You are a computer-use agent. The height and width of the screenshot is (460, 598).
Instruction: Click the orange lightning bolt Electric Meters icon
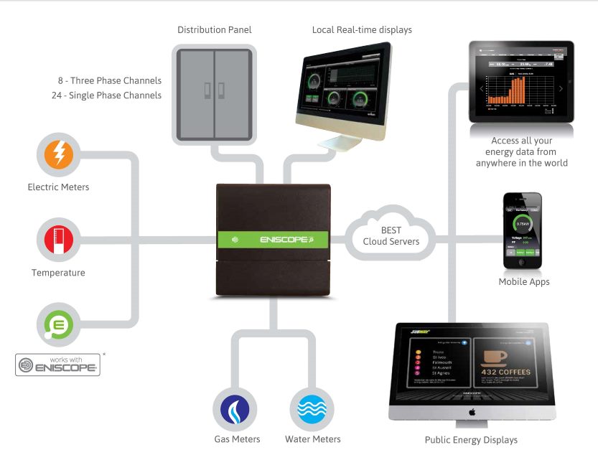point(58,156)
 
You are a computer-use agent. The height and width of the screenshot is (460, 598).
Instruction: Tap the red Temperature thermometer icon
point(58,240)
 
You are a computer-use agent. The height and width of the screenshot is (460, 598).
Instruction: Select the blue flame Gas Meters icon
point(236,409)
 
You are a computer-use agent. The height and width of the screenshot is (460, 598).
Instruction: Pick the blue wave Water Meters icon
point(312,409)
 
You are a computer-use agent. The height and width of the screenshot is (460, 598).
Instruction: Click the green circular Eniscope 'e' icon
point(58,324)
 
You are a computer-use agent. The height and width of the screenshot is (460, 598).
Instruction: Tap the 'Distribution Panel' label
point(215,30)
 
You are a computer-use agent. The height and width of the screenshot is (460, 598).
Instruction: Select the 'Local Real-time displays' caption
point(362,30)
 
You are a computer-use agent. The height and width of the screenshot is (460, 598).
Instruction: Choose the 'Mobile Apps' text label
point(524,282)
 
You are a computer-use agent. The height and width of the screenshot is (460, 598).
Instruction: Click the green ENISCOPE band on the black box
point(273,239)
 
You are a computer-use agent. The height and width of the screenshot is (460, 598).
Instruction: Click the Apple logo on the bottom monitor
point(471,413)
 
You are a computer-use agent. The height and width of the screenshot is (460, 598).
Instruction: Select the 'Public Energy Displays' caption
point(471,440)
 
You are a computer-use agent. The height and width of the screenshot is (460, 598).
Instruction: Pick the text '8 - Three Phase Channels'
point(110,80)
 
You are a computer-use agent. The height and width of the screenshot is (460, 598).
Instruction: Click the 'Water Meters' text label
point(313,439)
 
